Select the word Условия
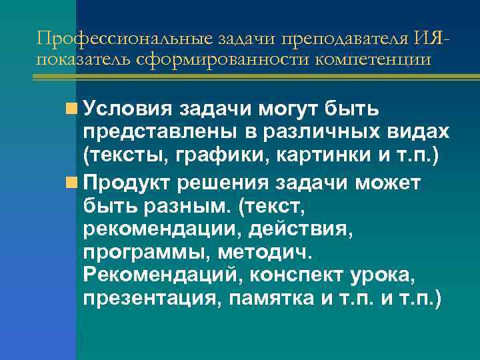tap(127, 108)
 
